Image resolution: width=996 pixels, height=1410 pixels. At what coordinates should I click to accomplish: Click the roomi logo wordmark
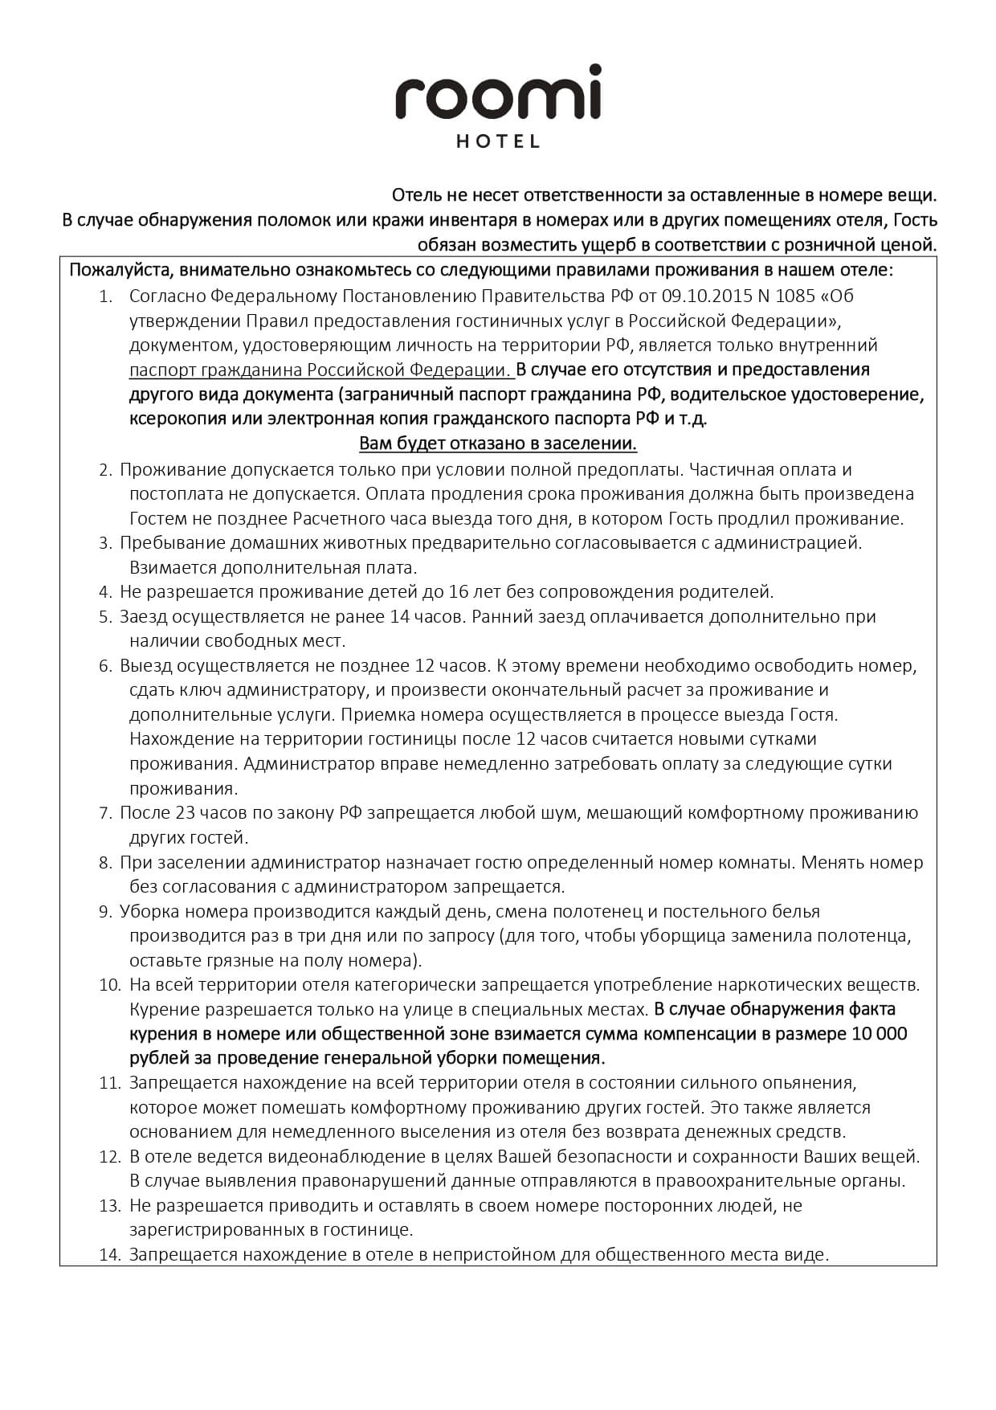(497, 95)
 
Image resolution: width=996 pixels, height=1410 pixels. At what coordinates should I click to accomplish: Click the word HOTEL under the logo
(498, 142)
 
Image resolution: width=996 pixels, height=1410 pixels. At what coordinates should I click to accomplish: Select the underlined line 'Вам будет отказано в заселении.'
(497, 443)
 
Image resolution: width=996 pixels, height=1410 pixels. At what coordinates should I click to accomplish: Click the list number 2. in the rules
(105, 469)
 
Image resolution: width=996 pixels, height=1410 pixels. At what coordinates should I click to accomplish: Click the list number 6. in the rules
(105, 666)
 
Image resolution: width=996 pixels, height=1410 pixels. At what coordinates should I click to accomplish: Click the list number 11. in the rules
(109, 1083)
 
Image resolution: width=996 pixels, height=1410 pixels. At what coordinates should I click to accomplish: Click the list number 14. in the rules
(109, 1255)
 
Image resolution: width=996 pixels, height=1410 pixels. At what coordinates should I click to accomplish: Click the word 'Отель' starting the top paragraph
(414, 195)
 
